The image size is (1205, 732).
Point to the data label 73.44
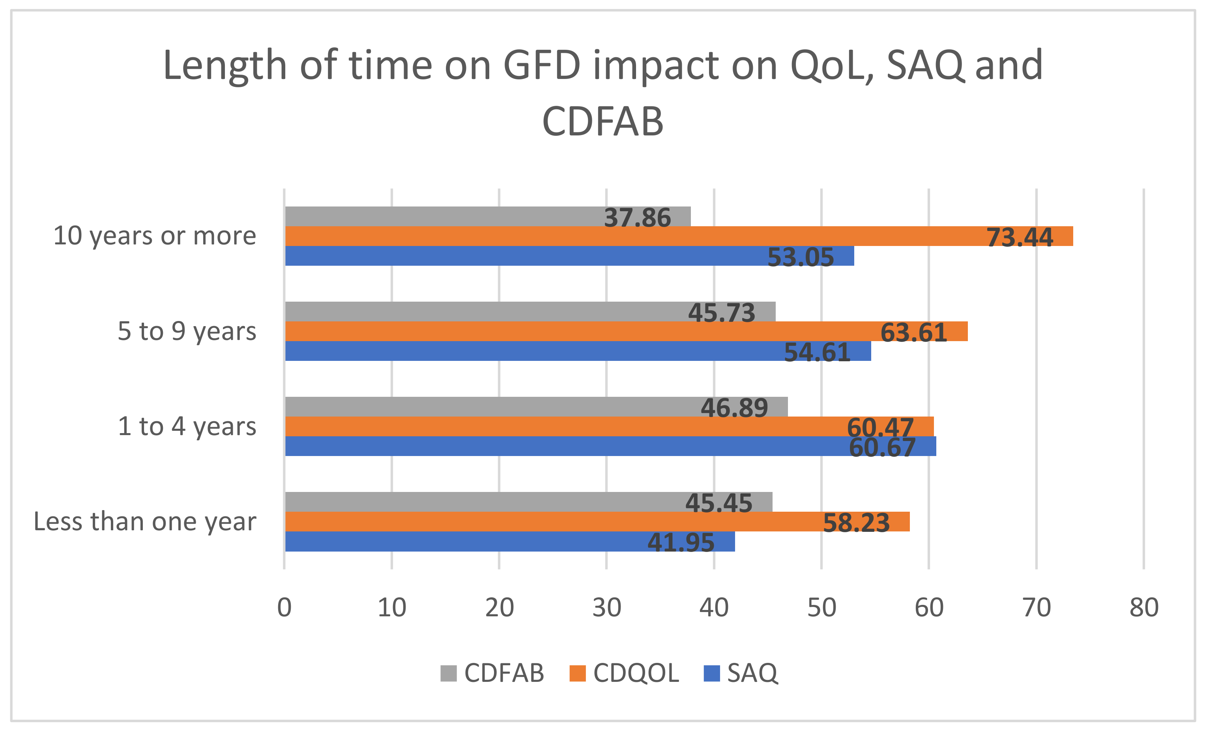pos(1020,238)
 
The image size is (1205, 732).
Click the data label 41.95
pos(681,542)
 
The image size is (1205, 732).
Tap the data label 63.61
pos(913,333)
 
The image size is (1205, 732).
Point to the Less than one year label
pos(145,522)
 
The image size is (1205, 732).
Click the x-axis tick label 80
pos(1143,608)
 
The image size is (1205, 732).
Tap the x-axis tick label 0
pos(284,608)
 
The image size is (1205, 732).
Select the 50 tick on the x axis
pos(821,608)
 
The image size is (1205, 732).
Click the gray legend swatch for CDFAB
pos(448,673)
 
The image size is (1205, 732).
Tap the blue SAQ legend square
pos(711,673)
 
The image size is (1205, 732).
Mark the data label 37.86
pos(637,218)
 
